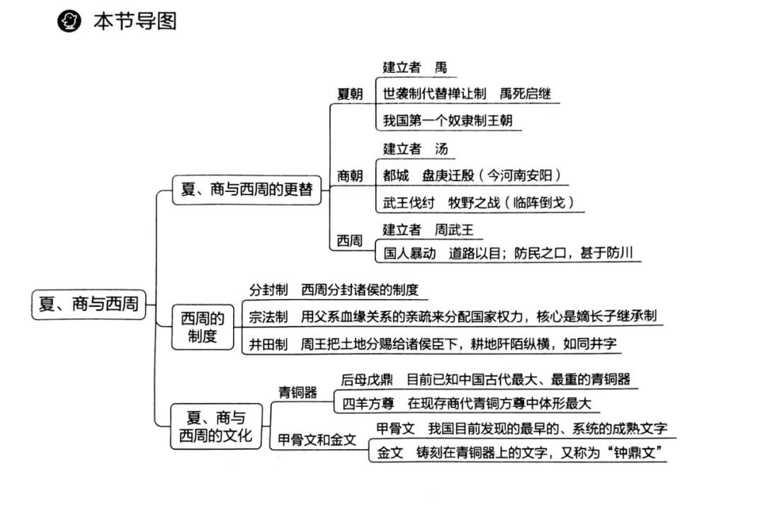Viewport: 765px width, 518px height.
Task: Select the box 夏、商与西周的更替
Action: [x=246, y=189]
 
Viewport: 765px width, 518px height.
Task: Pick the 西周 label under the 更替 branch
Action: [x=350, y=241]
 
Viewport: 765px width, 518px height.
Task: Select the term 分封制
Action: [x=268, y=290]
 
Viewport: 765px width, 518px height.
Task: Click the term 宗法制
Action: [x=268, y=317]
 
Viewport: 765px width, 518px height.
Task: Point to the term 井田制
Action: [x=268, y=344]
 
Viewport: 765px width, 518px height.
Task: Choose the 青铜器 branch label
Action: [x=297, y=392]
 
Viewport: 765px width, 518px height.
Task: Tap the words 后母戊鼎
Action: [x=367, y=379]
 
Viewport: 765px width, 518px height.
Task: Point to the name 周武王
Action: [x=454, y=230]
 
